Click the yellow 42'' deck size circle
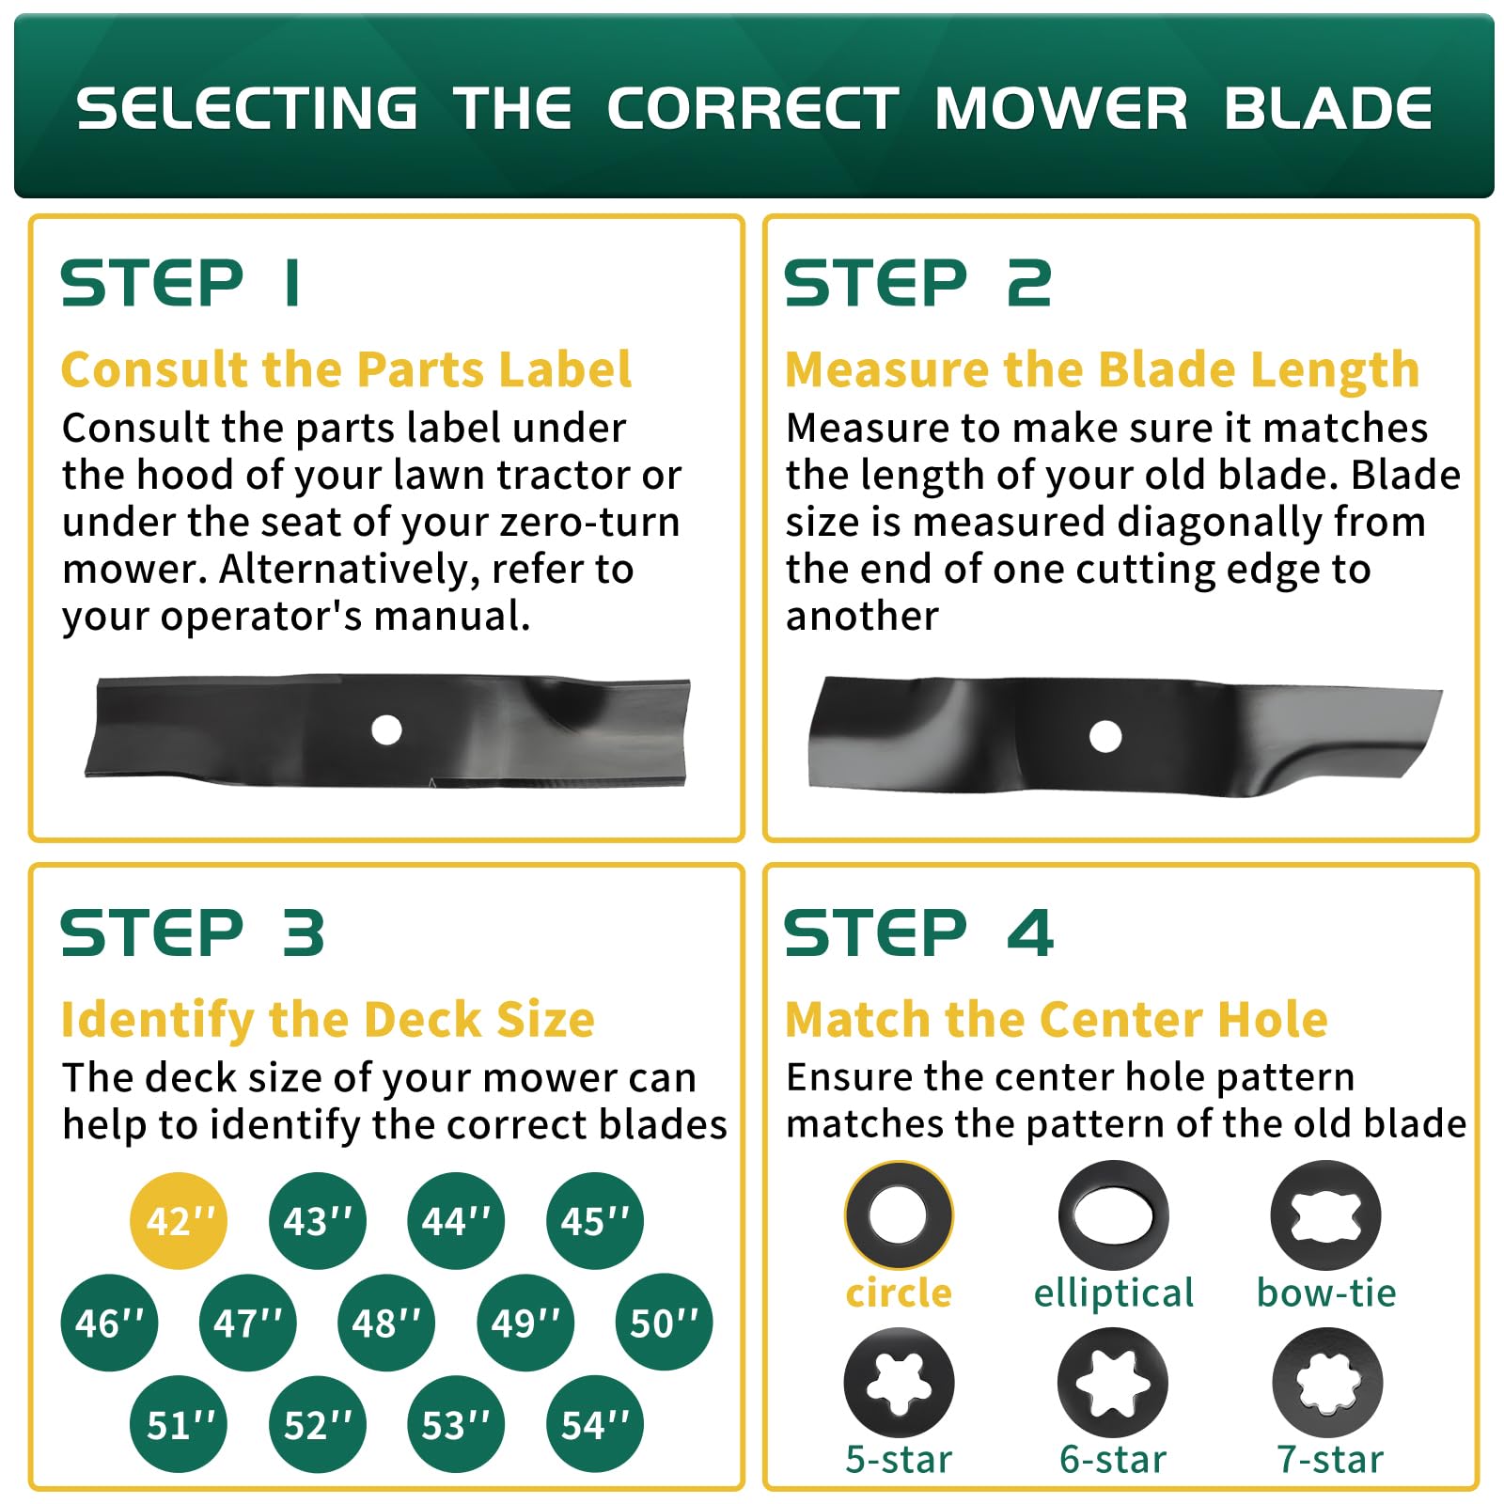[179, 1220]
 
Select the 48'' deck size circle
[386, 1323]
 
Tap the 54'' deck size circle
[595, 1424]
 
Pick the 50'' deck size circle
[664, 1323]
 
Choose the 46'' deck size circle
[109, 1323]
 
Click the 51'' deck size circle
[179, 1424]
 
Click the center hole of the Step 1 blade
[386, 729]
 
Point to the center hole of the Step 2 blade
[1105, 736]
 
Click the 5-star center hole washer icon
[899, 1383]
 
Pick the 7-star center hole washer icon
[1327, 1383]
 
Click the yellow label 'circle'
[899, 1293]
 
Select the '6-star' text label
[1113, 1460]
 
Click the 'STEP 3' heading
[193, 933]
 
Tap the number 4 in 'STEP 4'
[1031, 933]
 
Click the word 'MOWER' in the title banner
[1060, 108]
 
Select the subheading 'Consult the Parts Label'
[346, 368]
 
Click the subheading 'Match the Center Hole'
[1056, 1019]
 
